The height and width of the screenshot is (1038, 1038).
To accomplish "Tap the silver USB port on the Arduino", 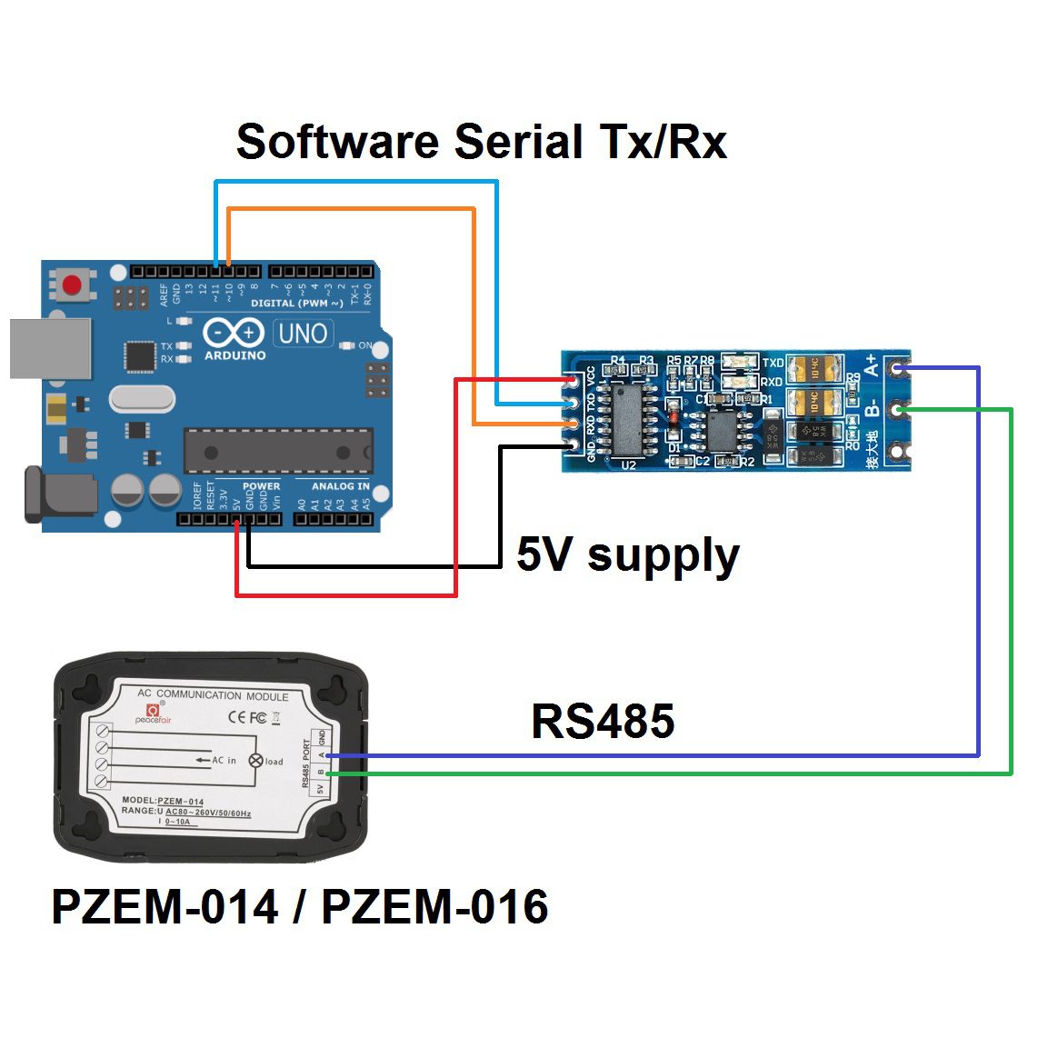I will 50,348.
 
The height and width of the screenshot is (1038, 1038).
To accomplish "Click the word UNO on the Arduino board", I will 303,334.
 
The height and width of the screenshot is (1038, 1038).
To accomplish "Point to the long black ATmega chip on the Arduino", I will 278,452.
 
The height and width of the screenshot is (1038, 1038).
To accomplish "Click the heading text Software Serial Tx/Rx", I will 481,143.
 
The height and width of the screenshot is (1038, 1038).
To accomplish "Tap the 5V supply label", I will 627,554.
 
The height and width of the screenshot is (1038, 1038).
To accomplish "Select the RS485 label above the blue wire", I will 603,722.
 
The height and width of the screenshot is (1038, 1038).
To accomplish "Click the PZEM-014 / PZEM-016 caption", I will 300,907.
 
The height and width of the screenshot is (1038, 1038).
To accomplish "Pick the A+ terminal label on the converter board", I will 872,365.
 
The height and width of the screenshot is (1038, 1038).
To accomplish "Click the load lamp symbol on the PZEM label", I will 255,761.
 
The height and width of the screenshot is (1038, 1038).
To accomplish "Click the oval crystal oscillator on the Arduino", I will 141,398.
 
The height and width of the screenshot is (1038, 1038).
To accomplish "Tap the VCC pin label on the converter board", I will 591,376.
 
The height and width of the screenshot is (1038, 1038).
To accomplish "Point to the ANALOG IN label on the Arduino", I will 341,486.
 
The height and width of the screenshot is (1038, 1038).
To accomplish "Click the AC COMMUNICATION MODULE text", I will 213,695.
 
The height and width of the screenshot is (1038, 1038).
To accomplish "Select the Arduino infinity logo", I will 234,334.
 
